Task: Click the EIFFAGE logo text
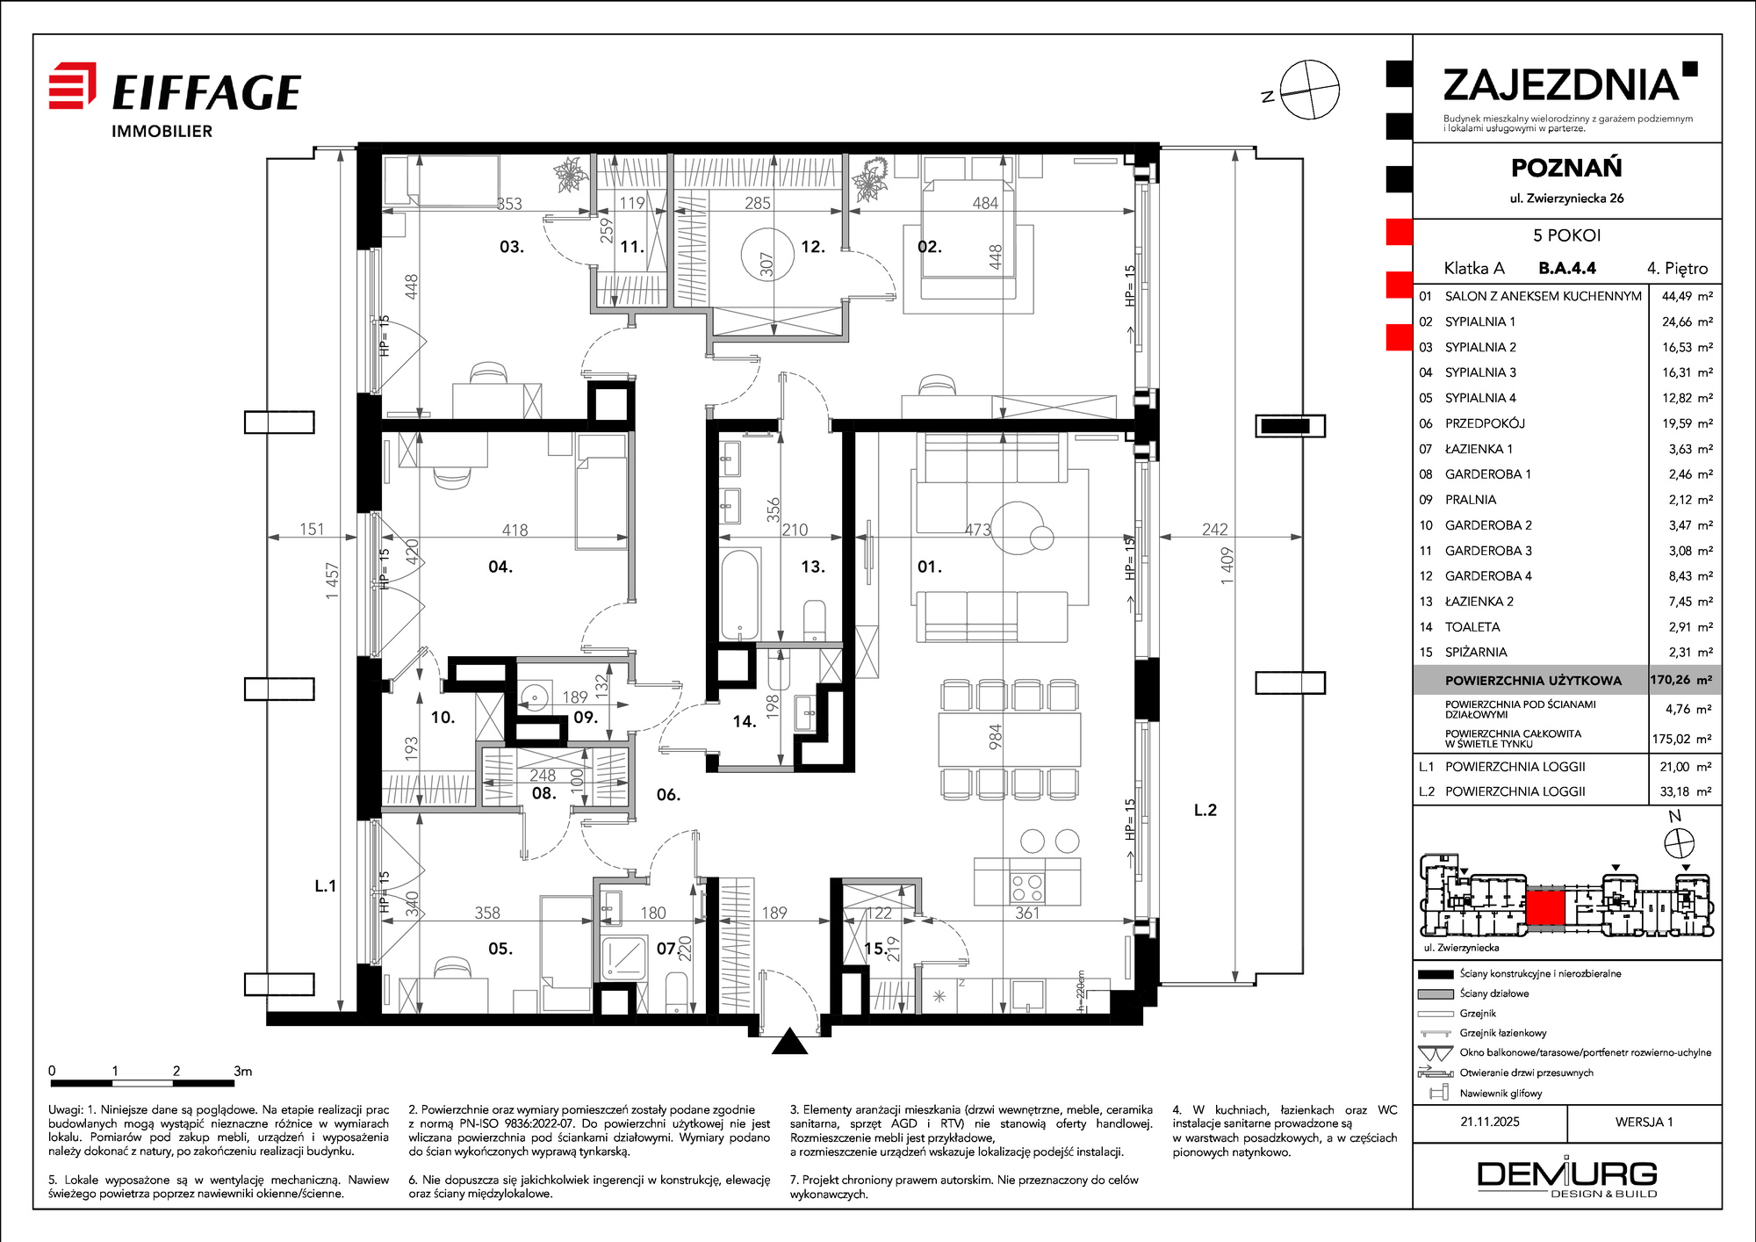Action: pos(207,92)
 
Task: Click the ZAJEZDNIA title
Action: pos(1561,85)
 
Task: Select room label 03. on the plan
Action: pos(512,247)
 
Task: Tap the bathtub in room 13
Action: pos(739,595)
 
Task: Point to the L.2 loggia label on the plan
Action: pos(1205,810)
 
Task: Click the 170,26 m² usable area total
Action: pos(1680,680)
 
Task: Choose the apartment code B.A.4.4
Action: pos(1567,268)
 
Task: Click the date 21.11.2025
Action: pos(1490,1122)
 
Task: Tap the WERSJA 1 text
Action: pos(1644,1122)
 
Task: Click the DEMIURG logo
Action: pos(1567,1177)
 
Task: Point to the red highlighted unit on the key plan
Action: pos(1545,907)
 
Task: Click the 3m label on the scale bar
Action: pos(243,1071)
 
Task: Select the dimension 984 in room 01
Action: pos(995,737)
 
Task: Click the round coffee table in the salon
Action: pos(1018,527)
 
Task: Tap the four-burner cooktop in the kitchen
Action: pos(1027,888)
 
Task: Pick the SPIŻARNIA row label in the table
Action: pos(1476,652)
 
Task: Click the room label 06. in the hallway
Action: pos(668,795)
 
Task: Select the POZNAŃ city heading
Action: pos(1566,167)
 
